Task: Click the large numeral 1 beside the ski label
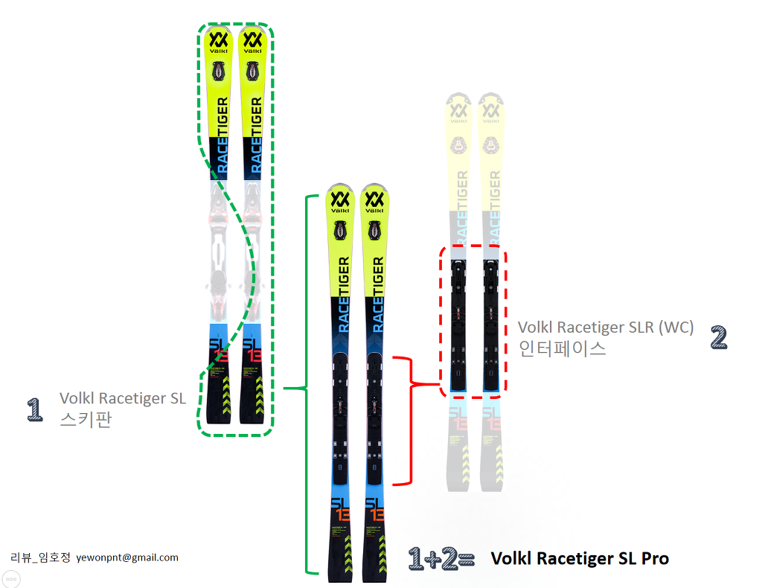pyautogui.click(x=34, y=409)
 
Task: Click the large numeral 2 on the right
pyautogui.click(x=718, y=338)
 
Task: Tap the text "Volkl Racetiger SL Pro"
pyautogui.click(x=580, y=558)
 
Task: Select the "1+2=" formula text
pyautogui.click(x=441, y=559)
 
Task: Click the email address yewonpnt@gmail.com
pyautogui.click(x=127, y=557)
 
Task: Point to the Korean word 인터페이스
pyautogui.click(x=562, y=348)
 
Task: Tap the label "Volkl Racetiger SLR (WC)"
pyautogui.click(x=606, y=327)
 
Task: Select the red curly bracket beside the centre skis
pyautogui.click(x=411, y=421)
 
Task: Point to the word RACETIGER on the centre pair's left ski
pyautogui.click(x=343, y=293)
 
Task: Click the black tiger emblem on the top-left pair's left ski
pyautogui.click(x=219, y=71)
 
